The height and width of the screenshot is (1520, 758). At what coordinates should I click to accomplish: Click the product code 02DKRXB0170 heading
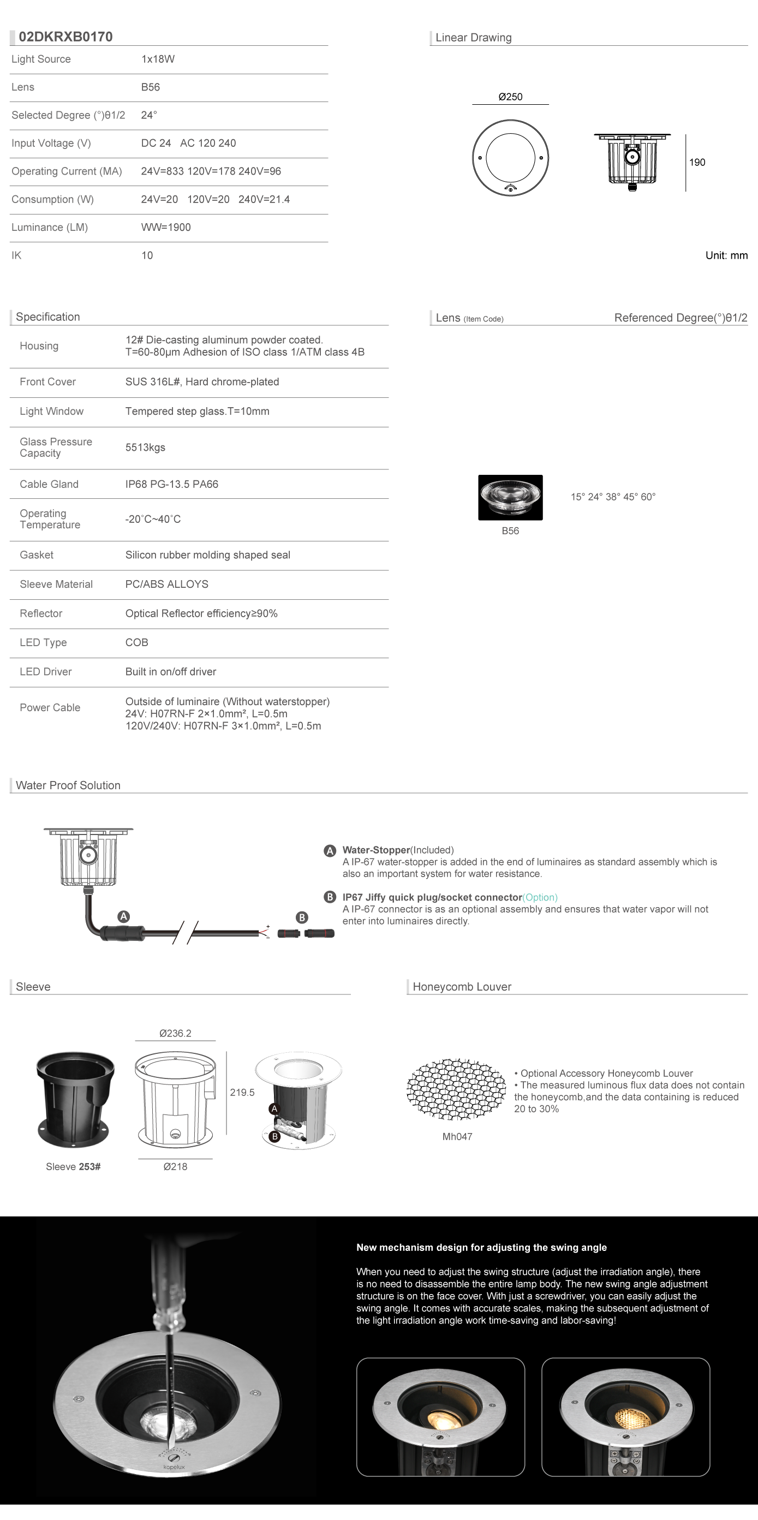65,37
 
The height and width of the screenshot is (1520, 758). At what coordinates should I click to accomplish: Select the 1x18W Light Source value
158,59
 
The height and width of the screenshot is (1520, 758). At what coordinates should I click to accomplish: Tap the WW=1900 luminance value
166,227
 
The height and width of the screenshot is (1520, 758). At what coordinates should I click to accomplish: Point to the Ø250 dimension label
510,97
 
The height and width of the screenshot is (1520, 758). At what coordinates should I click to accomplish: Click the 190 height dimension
697,162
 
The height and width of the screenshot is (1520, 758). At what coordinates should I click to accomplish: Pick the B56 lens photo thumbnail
510,497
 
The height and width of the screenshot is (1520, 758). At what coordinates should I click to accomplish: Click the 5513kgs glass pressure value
145,447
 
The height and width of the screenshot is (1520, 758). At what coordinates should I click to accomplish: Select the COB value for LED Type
137,642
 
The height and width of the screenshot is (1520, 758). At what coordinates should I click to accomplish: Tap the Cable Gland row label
49,484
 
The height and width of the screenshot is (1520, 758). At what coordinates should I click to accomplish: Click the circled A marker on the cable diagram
123,916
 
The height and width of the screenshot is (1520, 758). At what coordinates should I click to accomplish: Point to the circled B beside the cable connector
302,917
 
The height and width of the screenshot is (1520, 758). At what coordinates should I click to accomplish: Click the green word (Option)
540,897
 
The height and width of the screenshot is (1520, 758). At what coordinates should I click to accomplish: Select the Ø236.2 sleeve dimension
175,1033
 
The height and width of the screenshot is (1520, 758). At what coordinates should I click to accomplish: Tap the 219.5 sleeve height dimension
242,1092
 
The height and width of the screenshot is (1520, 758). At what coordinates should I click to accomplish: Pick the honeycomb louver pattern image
456,1090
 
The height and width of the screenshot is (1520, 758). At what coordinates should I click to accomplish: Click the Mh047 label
457,1136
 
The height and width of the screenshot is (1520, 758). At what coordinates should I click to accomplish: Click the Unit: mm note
726,255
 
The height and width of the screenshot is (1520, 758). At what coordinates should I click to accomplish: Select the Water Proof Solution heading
68,785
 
